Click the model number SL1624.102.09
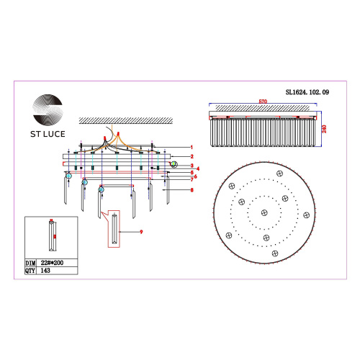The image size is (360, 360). point(307,92)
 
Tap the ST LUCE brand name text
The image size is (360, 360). point(48,134)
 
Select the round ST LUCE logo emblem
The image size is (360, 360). point(48,109)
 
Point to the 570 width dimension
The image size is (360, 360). point(263,102)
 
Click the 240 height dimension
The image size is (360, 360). point(324,129)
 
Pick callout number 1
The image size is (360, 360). point(192,148)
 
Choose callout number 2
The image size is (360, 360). point(192,156)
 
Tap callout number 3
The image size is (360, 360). point(192,166)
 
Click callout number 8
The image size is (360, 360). point(192,190)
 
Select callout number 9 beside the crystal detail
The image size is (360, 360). point(141,232)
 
